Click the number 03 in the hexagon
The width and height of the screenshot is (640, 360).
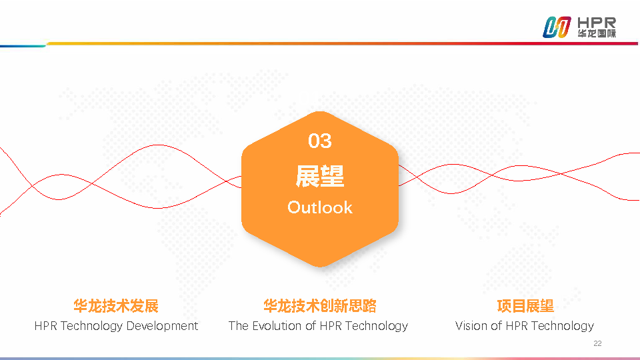[319, 141]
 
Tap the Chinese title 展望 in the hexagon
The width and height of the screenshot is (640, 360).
[319, 176]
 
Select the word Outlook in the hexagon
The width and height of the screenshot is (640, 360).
[319, 207]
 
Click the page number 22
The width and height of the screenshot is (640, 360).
[597, 344]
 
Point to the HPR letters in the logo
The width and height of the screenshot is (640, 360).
[597, 23]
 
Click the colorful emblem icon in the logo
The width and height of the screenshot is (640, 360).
[557, 27]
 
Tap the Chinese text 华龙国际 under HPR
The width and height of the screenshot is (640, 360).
[597, 33]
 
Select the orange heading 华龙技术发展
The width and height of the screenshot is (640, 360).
[116, 306]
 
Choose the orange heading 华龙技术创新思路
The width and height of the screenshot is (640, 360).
[319, 306]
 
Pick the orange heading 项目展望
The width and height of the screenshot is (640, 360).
[525, 306]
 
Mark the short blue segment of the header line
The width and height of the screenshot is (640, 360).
[23, 46]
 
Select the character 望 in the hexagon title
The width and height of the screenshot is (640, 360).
[332, 176]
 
